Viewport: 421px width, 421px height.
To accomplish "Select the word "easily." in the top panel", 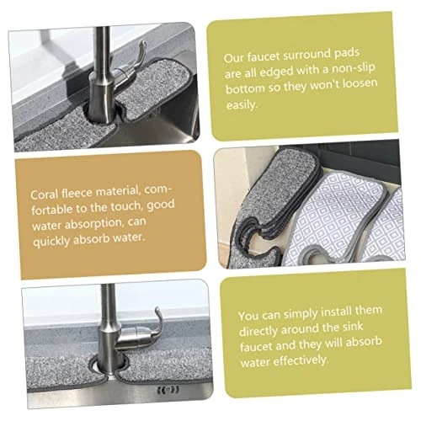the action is tap(242, 105).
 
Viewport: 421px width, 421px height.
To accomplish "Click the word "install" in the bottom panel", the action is tap(336, 312).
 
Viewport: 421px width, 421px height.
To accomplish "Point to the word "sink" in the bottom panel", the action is tap(353, 327).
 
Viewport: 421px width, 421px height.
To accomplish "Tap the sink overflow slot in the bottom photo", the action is tap(168, 390).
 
